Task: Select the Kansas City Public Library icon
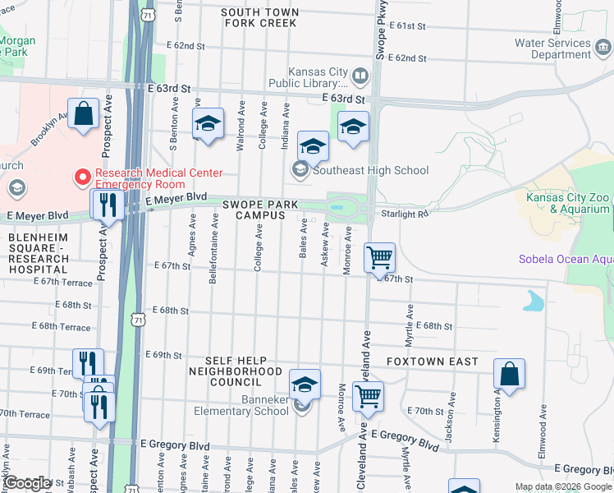[360, 77]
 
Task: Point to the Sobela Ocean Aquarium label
[565, 260]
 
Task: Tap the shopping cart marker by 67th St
[379, 257]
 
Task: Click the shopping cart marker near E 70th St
[368, 395]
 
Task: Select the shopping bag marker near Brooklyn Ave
[85, 114]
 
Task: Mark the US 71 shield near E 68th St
[139, 317]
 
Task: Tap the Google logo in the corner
[26, 483]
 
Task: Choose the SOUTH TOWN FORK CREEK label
[259, 17]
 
